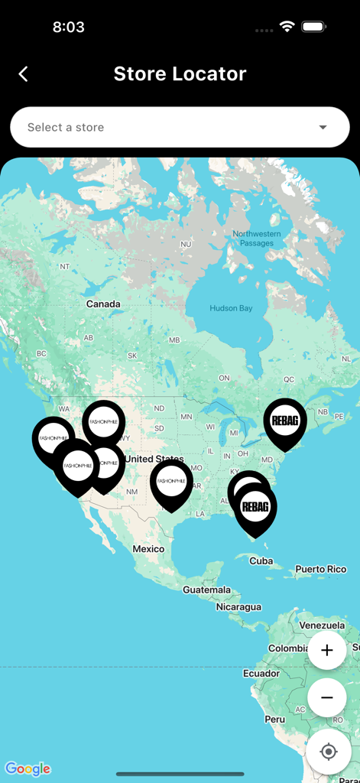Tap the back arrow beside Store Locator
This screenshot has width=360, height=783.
23,73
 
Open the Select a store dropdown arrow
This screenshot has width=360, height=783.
323,127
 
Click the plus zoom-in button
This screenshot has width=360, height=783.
327,651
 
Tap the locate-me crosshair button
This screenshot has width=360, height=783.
329,752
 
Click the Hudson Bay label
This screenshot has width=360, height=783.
230,308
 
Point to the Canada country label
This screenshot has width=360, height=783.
103,304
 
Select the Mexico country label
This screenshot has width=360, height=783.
148,549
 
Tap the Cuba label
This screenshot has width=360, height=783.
261,560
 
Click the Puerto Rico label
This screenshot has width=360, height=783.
321,569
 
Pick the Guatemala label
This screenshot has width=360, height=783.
206,590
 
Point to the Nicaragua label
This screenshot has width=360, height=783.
238,607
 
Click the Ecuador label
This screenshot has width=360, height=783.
261,673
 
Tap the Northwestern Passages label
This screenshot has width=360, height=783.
257,239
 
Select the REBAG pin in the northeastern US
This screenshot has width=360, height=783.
285,421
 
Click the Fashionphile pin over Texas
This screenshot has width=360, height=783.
171,482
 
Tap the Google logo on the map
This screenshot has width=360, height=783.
28,768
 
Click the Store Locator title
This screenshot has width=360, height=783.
180,73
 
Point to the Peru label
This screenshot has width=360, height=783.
275,720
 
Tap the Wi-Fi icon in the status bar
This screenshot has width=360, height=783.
287,27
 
